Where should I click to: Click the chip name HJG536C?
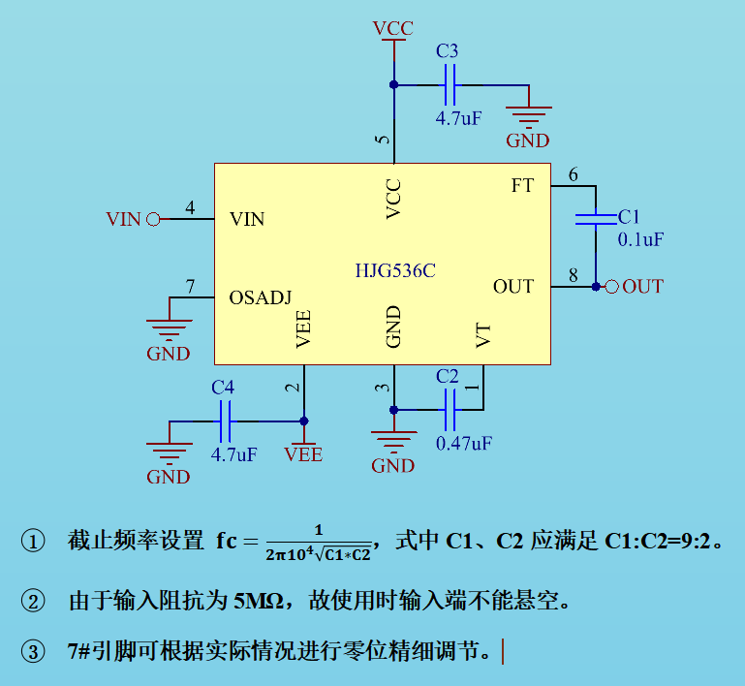click(x=394, y=271)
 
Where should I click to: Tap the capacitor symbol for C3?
click(x=448, y=85)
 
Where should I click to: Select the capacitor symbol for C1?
click(x=596, y=218)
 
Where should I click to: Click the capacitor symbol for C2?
click(x=448, y=410)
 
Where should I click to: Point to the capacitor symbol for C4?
click(x=224, y=421)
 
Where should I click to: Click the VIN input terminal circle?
click(x=152, y=220)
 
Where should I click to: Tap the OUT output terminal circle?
click(x=611, y=287)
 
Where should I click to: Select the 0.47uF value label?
click(x=464, y=443)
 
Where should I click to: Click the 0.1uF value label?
click(x=640, y=239)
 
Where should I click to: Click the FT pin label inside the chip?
click(x=522, y=185)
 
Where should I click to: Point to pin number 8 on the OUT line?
click(x=574, y=276)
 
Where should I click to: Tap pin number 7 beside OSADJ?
click(x=191, y=287)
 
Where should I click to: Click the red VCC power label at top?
click(x=392, y=28)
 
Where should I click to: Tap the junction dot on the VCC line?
click(x=393, y=85)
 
